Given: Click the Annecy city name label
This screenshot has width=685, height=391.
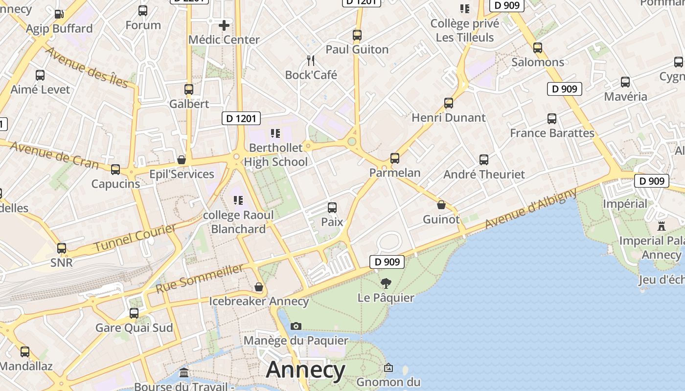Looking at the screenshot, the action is [305, 370].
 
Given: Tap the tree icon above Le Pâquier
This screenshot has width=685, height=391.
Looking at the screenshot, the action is [386, 283].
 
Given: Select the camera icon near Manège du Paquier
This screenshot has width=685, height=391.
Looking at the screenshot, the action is [296, 326].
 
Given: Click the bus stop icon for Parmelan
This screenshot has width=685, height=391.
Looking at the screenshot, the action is [395, 158].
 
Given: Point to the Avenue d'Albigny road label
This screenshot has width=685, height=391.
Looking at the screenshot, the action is [531, 209].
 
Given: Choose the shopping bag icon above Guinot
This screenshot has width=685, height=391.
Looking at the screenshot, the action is [441, 205].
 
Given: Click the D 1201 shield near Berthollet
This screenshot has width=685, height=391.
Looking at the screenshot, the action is [241, 118].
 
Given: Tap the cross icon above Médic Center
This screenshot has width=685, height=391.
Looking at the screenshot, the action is [224, 25].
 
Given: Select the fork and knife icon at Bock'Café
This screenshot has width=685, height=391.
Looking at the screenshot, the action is [311, 61].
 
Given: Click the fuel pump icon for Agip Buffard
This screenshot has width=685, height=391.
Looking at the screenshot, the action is [59, 14].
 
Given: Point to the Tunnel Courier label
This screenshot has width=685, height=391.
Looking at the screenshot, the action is [134, 238].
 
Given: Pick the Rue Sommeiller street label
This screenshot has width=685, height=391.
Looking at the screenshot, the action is [200, 279].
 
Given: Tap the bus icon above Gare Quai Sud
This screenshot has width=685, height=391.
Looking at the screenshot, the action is [134, 313].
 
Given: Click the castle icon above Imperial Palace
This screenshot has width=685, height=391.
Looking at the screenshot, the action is [662, 226].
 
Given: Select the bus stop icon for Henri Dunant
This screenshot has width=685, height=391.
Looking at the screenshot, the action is [449, 103].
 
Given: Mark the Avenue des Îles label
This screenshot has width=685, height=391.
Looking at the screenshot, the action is [87, 67].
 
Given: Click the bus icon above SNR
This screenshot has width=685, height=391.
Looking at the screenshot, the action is [62, 248].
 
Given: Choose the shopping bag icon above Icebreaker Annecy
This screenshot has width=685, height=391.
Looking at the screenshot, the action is [259, 287].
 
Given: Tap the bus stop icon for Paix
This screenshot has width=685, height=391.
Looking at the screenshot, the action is [332, 208].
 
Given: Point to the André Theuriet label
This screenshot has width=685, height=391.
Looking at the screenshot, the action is [484, 174].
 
